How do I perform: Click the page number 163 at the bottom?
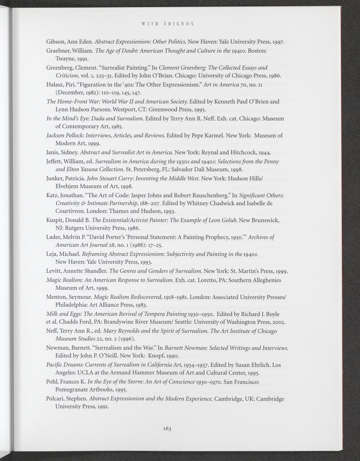click(x=167, y=429)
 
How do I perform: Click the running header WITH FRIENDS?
click(x=168, y=24)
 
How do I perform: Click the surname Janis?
click(x=53, y=153)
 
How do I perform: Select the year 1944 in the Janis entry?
click(x=264, y=153)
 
